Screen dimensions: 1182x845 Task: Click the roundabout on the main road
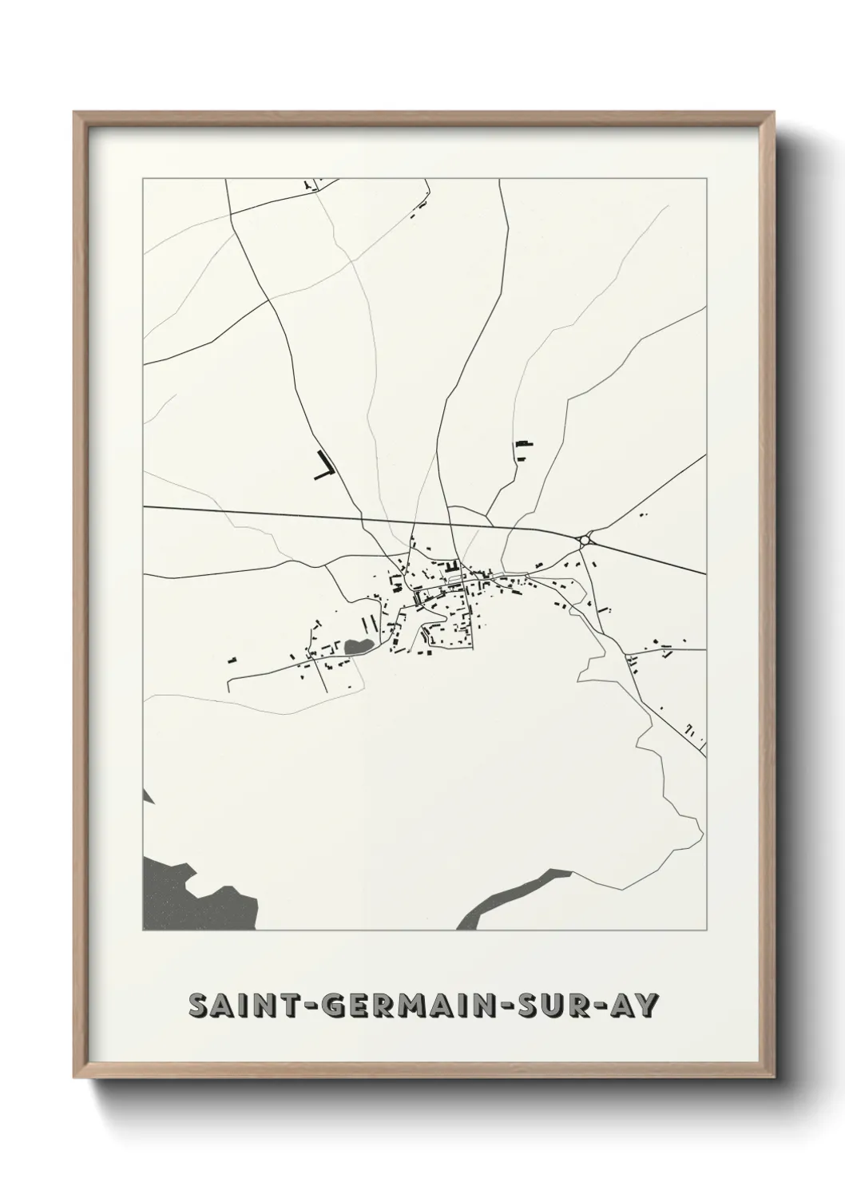585,540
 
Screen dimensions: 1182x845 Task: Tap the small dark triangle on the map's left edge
147,795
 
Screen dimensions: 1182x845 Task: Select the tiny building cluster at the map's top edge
310,186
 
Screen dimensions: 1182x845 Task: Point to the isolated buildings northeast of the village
523,450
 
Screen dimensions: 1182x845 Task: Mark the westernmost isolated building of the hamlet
232,660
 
